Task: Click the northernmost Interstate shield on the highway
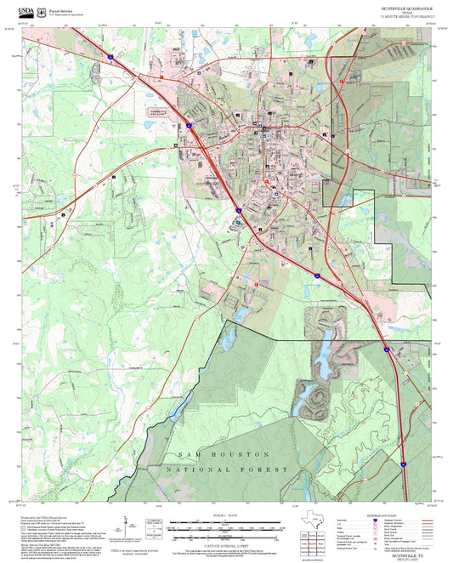pyautogui.click(x=110, y=57)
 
